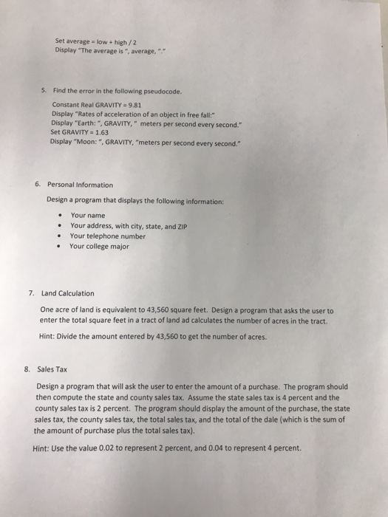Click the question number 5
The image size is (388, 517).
point(44,91)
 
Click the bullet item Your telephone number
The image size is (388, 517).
point(107,236)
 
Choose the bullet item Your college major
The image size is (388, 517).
point(100,247)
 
